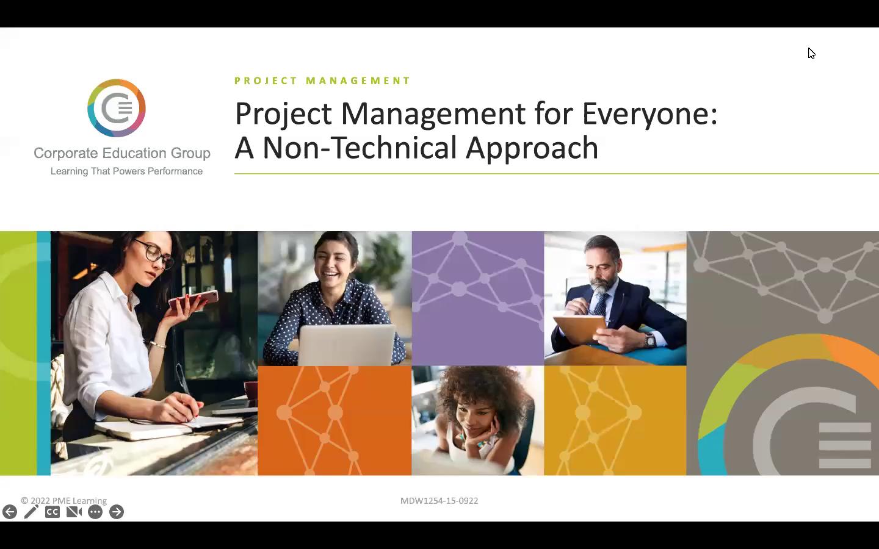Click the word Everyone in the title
[x=649, y=115]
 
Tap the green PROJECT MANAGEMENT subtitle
[x=322, y=81]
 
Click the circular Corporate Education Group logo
[x=117, y=108]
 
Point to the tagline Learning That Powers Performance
[x=126, y=171]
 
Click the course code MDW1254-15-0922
[x=439, y=501]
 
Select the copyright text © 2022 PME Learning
[x=64, y=500]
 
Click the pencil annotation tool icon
[x=31, y=512]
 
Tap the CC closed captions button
[x=52, y=512]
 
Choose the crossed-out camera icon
[x=74, y=512]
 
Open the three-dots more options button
[x=95, y=512]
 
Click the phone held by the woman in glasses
[x=194, y=299]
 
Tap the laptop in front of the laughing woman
[x=347, y=345]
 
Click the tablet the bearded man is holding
[x=581, y=329]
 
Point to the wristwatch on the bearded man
[x=650, y=340]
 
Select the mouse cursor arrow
[x=811, y=53]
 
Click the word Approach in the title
[x=532, y=149]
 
